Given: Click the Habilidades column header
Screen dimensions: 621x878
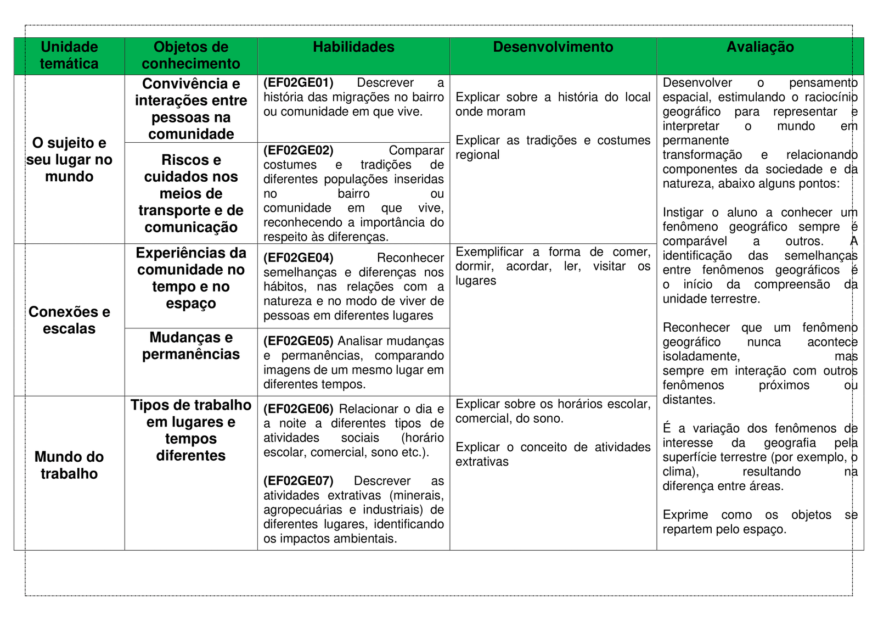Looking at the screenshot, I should tap(353, 47).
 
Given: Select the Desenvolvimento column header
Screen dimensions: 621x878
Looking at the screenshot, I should tap(553, 47).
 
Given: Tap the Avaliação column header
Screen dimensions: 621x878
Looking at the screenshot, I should tap(760, 47).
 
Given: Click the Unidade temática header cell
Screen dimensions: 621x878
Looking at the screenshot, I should tap(69, 55).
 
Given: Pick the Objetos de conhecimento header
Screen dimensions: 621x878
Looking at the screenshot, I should tap(191, 55).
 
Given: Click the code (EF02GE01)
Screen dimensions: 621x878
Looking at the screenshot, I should tap(299, 83).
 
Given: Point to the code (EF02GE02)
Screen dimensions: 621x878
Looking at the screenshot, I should tap(299, 150).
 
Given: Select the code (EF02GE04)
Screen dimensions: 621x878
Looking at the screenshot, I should tap(299, 258).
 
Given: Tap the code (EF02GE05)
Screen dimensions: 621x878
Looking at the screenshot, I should tap(299, 341).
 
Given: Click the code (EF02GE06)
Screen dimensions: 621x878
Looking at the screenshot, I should tap(299, 409).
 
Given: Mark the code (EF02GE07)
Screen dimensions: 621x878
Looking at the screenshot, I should tap(299, 481).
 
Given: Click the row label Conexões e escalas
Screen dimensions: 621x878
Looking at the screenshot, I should tap(69, 320).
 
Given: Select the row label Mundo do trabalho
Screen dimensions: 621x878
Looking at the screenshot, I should tap(69, 465).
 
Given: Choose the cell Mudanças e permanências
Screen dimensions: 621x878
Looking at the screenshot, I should tap(191, 346).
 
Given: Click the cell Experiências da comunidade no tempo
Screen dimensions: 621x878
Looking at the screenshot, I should tap(191, 278).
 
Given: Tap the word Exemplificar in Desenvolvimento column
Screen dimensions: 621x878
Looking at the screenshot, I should tap(489, 252).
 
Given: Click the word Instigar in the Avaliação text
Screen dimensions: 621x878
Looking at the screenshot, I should tap(683, 212).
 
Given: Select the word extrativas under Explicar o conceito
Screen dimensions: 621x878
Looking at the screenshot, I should tap(482, 462).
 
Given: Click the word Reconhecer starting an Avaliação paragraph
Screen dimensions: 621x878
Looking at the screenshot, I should tap(696, 328).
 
